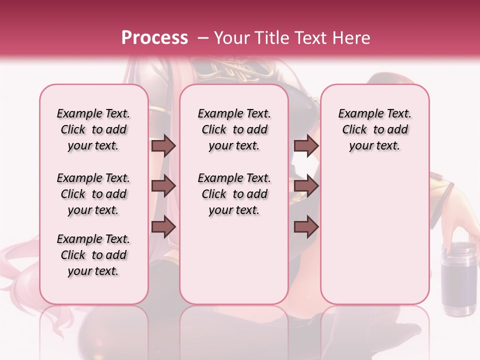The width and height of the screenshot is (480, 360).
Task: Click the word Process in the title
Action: [154, 38]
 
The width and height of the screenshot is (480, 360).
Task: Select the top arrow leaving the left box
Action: [163, 145]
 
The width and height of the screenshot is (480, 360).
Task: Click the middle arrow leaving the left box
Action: [163, 186]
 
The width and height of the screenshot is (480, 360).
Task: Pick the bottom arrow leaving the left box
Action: [163, 227]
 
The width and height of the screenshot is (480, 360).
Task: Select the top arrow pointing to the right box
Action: [306, 145]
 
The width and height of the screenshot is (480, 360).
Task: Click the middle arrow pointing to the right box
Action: [306, 186]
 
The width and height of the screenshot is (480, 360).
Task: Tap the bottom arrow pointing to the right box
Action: [306, 227]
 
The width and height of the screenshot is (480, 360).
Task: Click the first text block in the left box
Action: [93, 129]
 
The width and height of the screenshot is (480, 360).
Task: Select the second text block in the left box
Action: [93, 194]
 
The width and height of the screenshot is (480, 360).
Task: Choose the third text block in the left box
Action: [93, 255]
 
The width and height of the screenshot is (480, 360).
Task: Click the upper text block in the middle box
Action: [234, 129]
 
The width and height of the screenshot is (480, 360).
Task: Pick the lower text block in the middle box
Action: [234, 194]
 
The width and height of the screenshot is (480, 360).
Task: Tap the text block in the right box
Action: [374, 129]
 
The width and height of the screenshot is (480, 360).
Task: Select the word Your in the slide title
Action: [230, 38]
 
